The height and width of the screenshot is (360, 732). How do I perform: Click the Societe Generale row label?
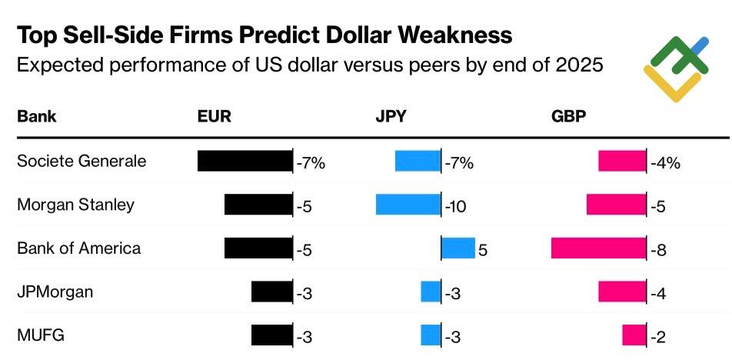click(82, 162)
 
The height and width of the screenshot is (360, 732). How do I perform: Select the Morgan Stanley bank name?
click(75, 205)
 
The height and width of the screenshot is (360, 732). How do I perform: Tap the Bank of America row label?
click(78, 248)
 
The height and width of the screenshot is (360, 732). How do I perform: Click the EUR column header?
click(214, 117)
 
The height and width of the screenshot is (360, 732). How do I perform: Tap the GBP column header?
click(567, 117)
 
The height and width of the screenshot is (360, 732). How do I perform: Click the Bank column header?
click(37, 117)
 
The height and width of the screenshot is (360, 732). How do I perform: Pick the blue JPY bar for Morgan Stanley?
click(408, 204)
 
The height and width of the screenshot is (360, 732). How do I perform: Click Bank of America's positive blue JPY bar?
click(458, 248)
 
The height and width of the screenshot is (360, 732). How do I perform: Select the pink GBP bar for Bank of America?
click(599, 248)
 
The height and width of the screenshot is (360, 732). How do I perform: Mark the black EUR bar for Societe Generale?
click(245, 161)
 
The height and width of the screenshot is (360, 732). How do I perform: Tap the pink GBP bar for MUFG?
click(634, 335)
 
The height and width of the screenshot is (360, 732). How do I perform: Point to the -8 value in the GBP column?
click(658, 250)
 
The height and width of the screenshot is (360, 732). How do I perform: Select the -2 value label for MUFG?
click(658, 337)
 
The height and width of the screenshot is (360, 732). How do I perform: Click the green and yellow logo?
click(675, 68)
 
